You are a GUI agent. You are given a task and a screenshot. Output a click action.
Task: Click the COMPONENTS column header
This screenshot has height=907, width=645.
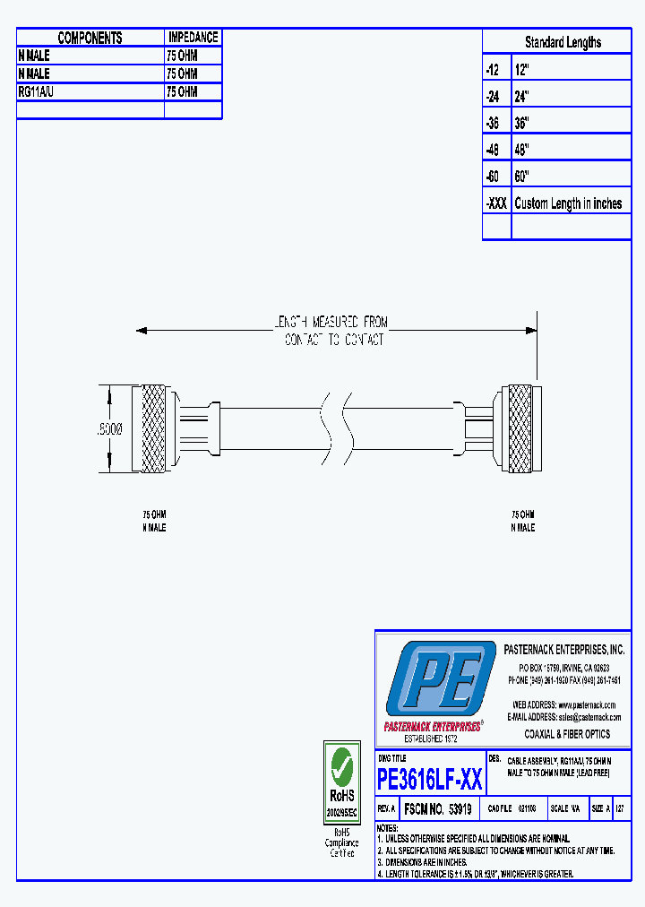[90, 38]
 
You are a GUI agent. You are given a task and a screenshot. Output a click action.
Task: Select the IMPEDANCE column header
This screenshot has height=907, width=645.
[193, 38]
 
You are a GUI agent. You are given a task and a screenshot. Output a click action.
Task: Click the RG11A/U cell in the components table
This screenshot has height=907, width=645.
[37, 91]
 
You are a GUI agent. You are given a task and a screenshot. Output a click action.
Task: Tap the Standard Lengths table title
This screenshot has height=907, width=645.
[563, 42]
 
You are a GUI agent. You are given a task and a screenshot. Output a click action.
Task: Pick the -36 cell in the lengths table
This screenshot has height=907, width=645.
[495, 123]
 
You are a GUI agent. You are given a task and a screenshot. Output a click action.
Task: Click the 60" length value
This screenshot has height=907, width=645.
[522, 177]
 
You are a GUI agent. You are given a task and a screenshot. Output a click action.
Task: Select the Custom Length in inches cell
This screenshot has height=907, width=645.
[568, 203]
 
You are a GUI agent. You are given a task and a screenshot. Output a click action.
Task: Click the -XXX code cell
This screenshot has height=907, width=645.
[496, 203]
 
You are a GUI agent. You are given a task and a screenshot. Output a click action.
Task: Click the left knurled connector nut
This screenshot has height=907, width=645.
[151, 428]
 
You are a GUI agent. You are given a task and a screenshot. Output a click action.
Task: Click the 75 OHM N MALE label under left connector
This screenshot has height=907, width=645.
[154, 521]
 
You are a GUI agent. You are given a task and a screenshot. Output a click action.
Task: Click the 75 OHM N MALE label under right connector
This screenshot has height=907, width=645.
[522, 521]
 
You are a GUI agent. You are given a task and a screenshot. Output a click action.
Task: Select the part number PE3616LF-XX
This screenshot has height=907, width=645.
[430, 780]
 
